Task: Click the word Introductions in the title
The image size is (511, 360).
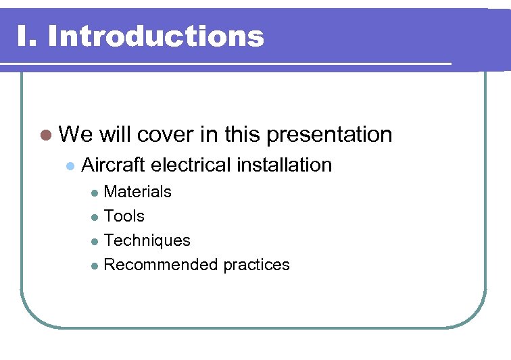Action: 156,36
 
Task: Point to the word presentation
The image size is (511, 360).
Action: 329,135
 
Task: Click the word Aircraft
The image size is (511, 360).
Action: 114,165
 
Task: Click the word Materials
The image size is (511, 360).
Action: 138,192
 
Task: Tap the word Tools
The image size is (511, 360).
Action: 124,216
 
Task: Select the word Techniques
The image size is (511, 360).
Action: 147,240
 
